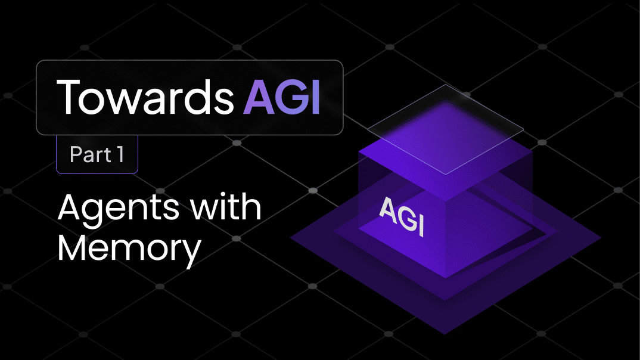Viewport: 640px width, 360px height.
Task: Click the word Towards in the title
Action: [145, 97]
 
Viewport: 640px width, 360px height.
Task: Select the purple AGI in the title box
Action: [282, 97]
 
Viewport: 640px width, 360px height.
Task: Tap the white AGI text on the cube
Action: [402, 216]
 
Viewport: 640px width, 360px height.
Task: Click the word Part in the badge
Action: [90, 154]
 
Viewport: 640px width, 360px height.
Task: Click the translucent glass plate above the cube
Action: [445, 129]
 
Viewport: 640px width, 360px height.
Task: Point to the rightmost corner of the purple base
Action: [601, 237]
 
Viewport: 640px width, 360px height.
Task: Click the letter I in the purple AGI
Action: [315, 97]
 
